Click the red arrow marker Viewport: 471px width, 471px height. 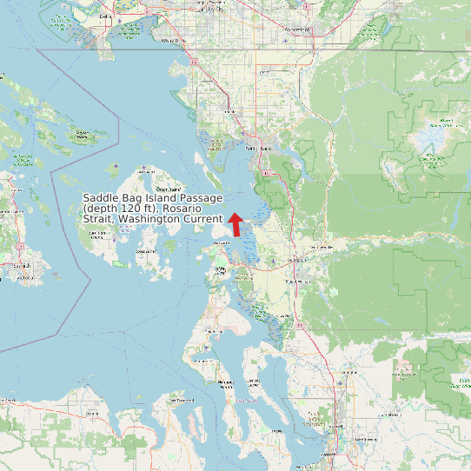(x=235, y=223)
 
